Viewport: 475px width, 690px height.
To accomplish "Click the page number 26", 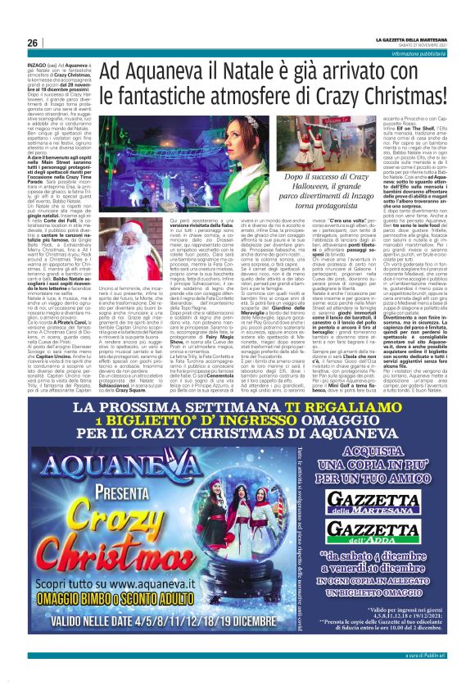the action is coord(32,42).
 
